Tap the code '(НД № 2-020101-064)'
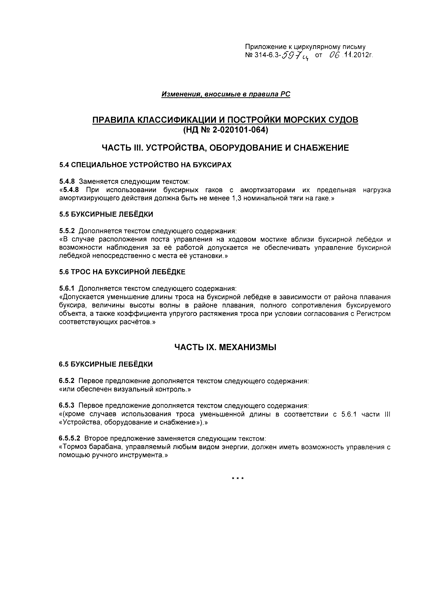click(x=225, y=130)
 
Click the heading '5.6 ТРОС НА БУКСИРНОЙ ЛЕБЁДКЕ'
click(x=122, y=272)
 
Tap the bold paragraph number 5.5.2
click(x=67, y=231)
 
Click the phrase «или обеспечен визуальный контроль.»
click(x=125, y=389)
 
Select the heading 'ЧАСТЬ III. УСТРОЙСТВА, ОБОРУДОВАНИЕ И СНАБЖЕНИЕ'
click(x=225, y=148)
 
